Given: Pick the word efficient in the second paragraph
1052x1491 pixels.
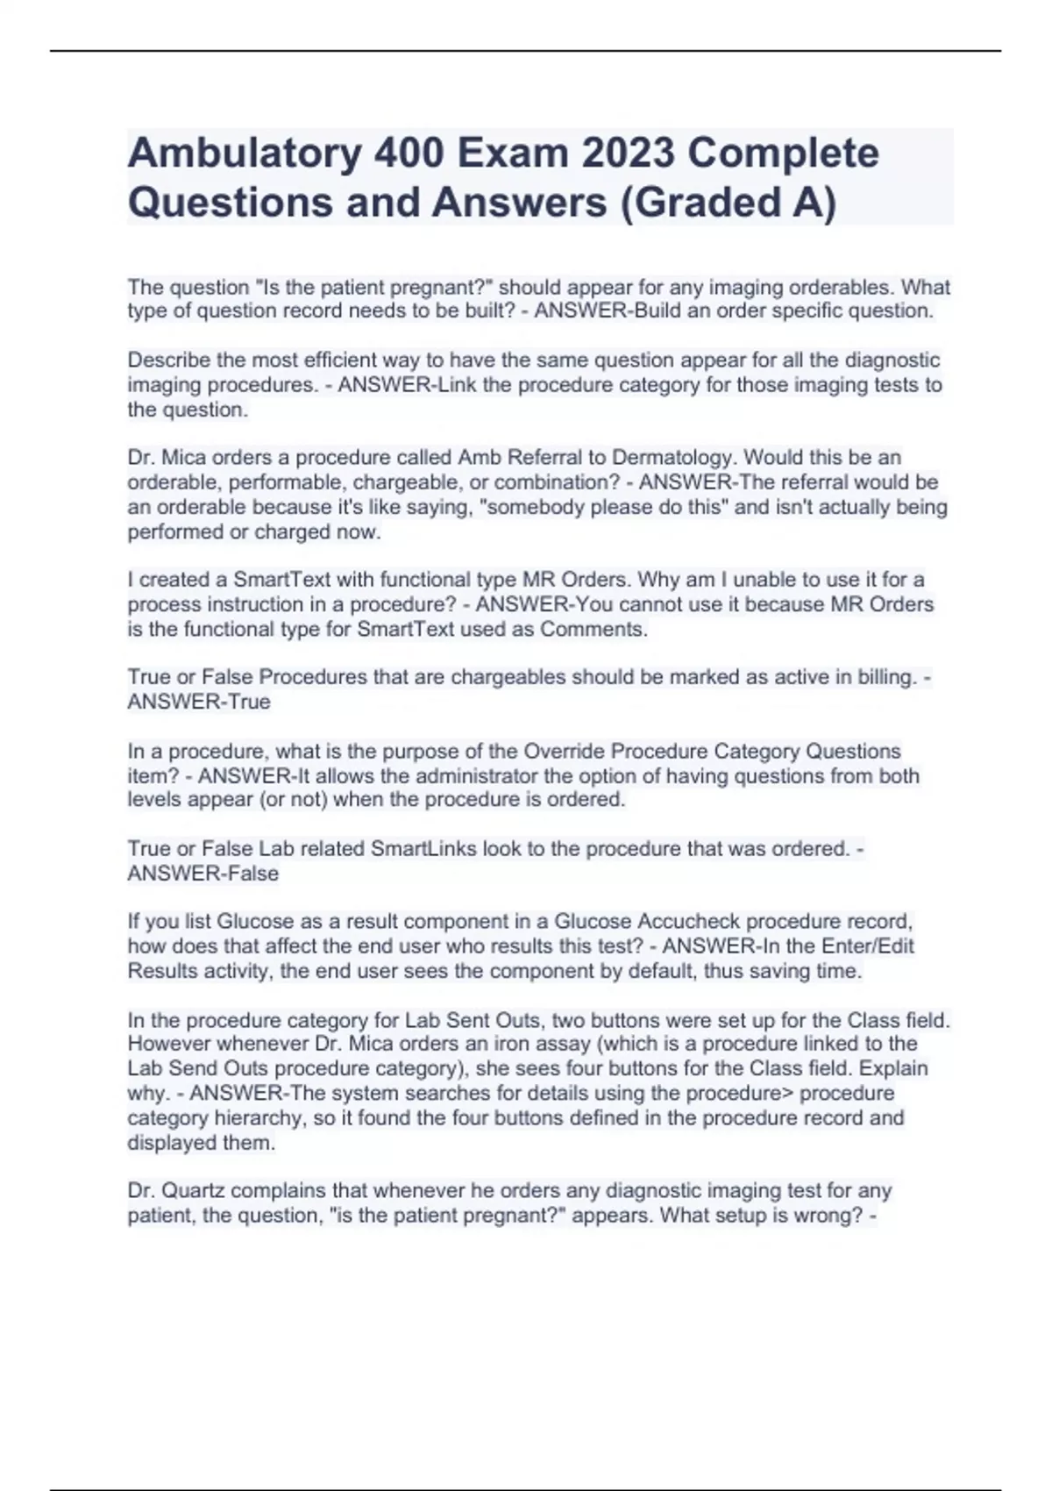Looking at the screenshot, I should click(333, 360).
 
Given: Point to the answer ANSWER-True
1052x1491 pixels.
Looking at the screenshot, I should click(199, 703).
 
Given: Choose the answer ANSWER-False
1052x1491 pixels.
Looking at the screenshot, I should click(203, 874).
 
